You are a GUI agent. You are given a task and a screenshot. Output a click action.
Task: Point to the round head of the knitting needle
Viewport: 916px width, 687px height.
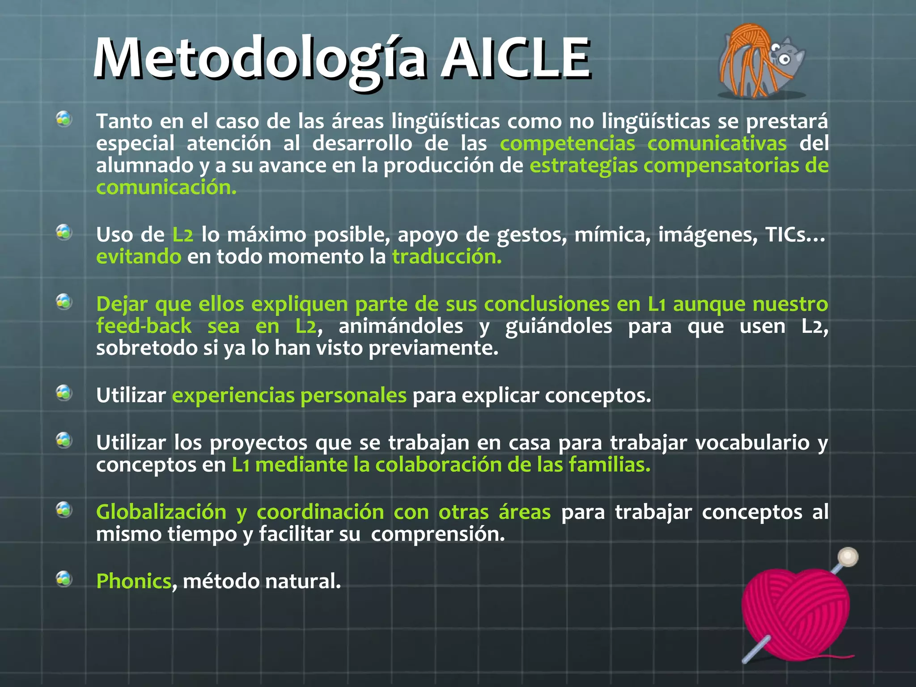click(x=847, y=557)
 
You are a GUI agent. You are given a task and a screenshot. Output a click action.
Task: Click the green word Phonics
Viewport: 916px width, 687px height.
click(x=134, y=581)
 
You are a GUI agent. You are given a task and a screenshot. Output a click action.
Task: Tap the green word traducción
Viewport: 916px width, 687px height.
click(x=447, y=257)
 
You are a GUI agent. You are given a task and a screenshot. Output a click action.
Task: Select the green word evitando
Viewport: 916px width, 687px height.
click(x=139, y=257)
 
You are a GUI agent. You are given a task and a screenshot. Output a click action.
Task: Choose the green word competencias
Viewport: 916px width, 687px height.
click(x=567, y=144)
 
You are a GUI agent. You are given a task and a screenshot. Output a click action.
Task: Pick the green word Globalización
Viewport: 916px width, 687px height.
click(x=161, y=512)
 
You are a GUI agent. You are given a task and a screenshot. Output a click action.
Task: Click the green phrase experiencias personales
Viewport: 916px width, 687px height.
click(x=289, y=395)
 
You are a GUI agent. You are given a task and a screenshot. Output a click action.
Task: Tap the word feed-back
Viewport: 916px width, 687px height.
click(x=144, y=326)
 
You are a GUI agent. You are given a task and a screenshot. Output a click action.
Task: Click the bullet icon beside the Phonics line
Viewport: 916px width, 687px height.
click(x=64, y=578)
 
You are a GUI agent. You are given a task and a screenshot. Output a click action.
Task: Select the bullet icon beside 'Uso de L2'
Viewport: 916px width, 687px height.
click(x=64, y=232)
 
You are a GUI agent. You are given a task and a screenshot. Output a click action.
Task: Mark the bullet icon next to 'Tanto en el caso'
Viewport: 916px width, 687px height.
click(x=64, y=119)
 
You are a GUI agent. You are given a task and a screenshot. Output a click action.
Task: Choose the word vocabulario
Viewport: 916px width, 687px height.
click(x=752, y=443)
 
